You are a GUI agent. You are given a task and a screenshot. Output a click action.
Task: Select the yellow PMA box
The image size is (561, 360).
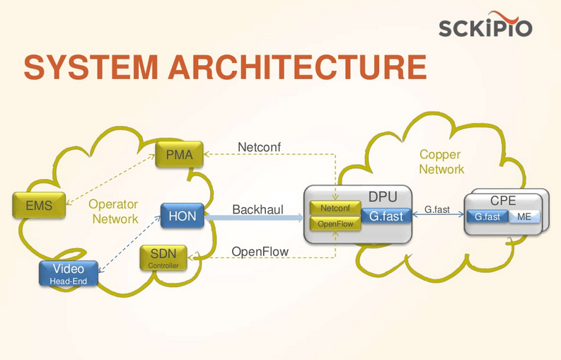click(180, 155)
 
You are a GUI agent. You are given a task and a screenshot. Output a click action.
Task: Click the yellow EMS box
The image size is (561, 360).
click(39, 206)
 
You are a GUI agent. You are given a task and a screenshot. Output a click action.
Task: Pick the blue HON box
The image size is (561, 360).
click(183, 216)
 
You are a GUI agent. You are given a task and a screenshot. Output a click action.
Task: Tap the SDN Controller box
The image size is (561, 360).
click(163, 257)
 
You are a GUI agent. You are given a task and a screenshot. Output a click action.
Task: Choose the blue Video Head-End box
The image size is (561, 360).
click(68, 273)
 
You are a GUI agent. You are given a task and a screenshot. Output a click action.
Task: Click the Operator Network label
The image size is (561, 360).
click(114, 211)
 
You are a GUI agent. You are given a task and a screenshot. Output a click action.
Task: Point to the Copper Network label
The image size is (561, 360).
click(441, 162)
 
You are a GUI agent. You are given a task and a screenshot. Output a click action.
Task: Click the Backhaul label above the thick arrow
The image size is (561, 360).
click(258, 210)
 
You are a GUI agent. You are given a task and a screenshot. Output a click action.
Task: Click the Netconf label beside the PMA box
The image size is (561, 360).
click(259, 147)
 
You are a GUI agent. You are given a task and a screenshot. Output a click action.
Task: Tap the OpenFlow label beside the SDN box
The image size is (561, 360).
click(260, 252)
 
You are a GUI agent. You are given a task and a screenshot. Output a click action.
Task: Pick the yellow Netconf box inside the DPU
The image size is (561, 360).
click(335, 209)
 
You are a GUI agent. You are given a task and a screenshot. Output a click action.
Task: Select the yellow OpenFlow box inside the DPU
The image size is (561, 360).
click(335, 224)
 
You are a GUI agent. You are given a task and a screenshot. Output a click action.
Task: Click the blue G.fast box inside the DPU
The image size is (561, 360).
click(386, 216)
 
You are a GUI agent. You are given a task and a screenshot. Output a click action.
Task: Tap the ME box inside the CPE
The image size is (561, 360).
click(524, 217)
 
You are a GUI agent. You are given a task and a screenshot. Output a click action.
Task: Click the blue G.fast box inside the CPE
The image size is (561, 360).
click(487, 217)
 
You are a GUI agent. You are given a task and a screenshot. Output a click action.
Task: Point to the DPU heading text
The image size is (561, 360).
click(383, 196)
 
